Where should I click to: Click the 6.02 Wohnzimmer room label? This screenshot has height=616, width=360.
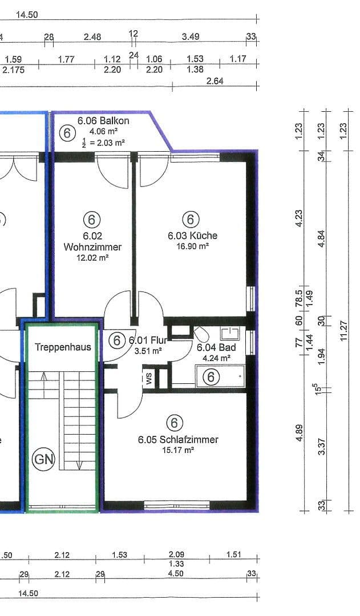(92, 241)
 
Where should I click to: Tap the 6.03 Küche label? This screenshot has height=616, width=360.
(192, 236)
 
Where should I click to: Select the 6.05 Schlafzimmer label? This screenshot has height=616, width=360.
(178, 440)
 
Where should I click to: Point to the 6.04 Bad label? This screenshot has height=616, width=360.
(216, 347)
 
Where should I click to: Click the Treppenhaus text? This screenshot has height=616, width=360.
(63, 347)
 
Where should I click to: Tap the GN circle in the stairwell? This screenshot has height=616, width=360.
(43, 459)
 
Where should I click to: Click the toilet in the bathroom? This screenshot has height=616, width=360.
(201, 334)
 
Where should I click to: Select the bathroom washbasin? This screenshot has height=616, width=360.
(229, 334)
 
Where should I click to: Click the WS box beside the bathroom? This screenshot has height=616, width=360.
(149, 379)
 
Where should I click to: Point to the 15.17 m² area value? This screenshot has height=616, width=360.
(178, 450)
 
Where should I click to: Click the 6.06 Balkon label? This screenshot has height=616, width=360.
(103, 120)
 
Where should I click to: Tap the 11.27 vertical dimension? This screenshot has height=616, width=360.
(344, 331)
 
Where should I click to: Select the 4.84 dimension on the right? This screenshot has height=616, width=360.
(322, 238)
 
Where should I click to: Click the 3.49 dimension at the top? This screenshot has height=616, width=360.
(191, 37)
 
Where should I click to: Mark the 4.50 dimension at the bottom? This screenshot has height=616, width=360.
(175, 574)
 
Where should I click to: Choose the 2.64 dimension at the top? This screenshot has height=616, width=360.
(215, 81)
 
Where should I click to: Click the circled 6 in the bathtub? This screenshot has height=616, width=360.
(211, 377)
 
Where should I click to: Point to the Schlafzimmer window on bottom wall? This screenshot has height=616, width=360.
(176, 505)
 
